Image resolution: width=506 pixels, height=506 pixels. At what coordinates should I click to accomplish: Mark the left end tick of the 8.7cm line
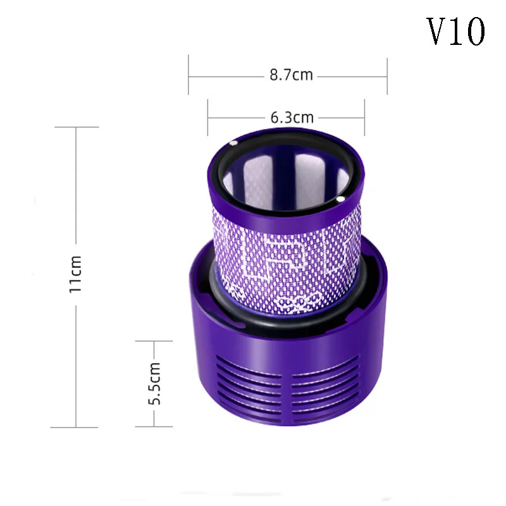click(x=188, y=76)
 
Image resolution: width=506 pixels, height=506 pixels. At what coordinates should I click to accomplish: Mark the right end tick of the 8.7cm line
click(x=386, y=76)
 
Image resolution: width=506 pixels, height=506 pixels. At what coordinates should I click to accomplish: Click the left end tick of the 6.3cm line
click(x=208, y=118)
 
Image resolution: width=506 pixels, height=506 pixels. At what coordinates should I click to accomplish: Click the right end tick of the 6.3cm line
click(x=364, y=118)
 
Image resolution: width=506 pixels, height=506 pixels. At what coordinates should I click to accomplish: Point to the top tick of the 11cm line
click(x=77, y=127)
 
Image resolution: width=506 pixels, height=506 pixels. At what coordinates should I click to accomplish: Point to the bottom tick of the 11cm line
click(x=77, y=428)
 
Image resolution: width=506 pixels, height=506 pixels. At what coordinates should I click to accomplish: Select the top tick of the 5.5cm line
click(x=154, y=341)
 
